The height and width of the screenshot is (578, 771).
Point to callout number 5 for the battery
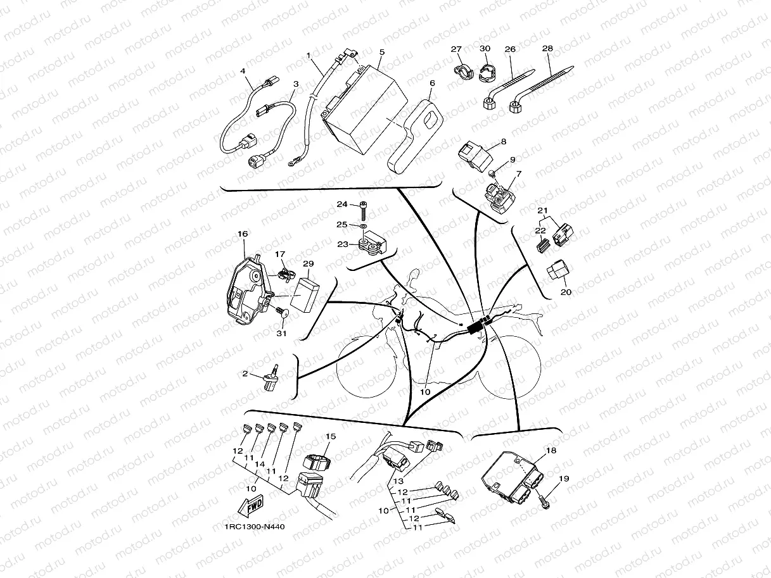pos(382,52)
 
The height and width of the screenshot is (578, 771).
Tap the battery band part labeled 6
pos(415,136)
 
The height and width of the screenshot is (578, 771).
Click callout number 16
pos(243,234)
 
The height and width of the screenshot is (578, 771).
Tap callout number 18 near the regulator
pos(551,450)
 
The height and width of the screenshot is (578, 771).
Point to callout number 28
pos(548,49)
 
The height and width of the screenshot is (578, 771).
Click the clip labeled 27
pos(461,68)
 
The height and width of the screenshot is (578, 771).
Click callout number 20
pos(566,292)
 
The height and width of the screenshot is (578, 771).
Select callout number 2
pos(245,374)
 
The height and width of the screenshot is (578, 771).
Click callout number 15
pos(330,437)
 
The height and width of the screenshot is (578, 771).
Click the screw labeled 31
pos(279,311)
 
